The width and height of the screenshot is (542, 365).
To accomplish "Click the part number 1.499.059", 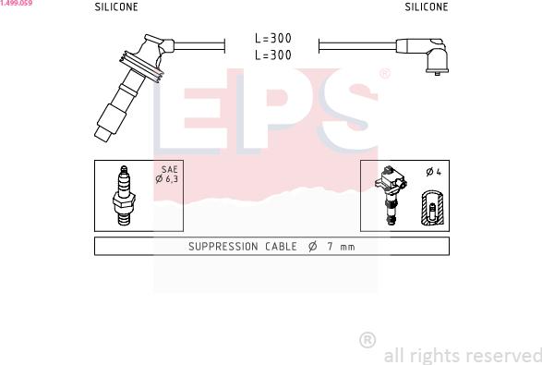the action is point(17,3).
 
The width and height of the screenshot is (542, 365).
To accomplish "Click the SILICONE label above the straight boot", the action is point(116,6).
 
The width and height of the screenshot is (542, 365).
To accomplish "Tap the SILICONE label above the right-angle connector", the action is point(427,6).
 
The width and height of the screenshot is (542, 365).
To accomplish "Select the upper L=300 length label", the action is point(273,38).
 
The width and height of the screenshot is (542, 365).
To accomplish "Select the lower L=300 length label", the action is point(273,55).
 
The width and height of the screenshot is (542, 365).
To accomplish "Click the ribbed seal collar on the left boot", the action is point(141,67).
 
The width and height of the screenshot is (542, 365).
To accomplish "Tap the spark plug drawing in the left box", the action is point(124,196).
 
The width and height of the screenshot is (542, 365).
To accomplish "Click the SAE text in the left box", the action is point(169,169).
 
